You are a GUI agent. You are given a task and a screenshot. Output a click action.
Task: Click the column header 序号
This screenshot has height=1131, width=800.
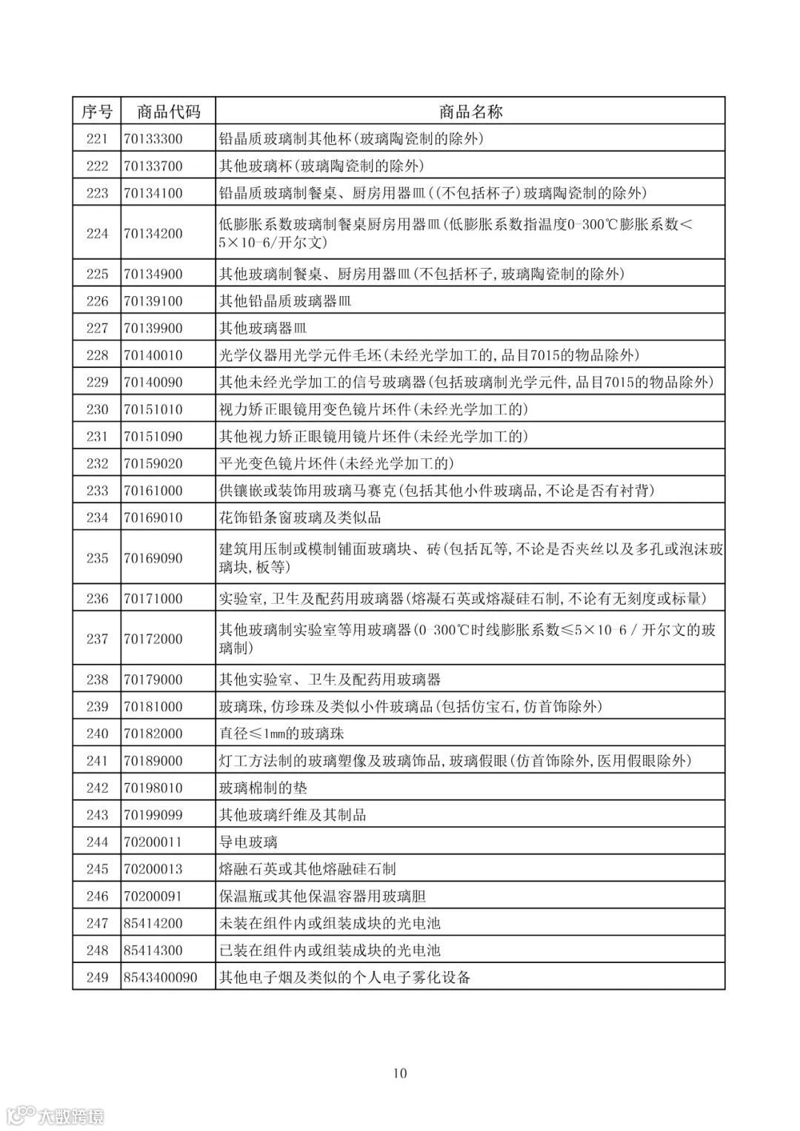tap(97, 111)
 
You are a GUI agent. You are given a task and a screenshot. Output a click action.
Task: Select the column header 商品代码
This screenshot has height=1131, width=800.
tap(168, 111)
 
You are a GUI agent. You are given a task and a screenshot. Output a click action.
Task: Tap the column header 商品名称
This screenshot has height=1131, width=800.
tap(470, 111)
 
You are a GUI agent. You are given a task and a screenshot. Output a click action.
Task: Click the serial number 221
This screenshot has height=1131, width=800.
tap(97, 138)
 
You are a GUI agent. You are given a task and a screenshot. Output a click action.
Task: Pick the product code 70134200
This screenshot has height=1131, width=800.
tap(153, 233)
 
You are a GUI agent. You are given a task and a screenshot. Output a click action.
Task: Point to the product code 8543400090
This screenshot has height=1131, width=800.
tap(161, 977)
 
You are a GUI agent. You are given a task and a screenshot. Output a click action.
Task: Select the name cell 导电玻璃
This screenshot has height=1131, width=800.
tap(248, 842)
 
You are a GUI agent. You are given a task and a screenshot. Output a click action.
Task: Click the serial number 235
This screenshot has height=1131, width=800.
tap(97, 558)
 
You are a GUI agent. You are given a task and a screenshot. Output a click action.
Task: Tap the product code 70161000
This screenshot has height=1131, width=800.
tap(153, 490)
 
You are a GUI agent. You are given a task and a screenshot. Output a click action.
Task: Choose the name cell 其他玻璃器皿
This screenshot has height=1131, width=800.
tap(263, 328)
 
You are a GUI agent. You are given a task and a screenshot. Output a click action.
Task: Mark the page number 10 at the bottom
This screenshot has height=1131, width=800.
tap(400, 1073)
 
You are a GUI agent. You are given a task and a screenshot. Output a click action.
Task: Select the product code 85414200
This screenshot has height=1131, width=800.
tap(153, 923)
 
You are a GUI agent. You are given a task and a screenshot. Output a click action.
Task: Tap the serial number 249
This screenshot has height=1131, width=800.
tap(97, 977)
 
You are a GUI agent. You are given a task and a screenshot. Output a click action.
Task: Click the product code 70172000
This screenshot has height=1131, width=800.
tap(153, 639)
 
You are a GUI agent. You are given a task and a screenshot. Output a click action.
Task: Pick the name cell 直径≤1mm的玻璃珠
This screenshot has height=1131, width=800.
tap(281, 734)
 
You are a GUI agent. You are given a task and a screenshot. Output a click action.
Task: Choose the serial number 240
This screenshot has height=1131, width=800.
tap(97, 734)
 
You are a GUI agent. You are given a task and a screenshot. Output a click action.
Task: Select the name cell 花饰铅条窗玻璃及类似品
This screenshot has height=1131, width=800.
tap(300, 517)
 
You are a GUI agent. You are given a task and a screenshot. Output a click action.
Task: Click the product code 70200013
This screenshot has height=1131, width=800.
tap(153, 869)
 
